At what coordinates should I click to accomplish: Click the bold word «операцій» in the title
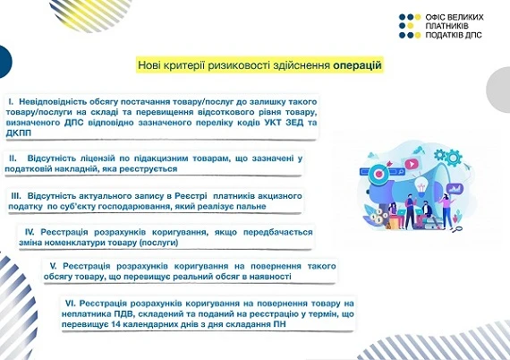pos(358,65)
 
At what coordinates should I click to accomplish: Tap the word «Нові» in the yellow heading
pos(150,65)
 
